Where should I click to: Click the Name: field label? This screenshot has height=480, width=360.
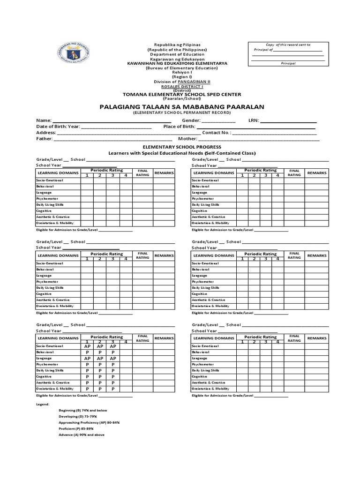44,120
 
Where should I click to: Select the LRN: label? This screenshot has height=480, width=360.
253,120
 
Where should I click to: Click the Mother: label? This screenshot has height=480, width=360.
187,139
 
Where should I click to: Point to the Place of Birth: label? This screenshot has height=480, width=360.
179,127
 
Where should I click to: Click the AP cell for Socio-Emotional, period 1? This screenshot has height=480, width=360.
87,346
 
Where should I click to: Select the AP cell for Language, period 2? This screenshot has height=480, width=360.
100,358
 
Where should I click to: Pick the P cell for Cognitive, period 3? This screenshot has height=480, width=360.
113,376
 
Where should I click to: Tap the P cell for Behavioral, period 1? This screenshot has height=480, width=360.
87,352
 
